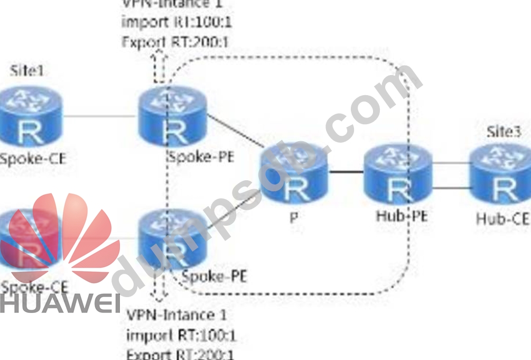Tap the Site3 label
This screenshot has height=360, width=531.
pyautogui.click(x=502, y=132)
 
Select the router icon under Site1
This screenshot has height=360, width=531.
pyautogui.click(x=31, y=117)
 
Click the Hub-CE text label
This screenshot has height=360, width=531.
pyautogui.click(x=501, y=218)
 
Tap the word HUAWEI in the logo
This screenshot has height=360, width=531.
pyautogui.click(x=59, y=304)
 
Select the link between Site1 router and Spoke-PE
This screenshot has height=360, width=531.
pyautogui.click(x=100, y=116)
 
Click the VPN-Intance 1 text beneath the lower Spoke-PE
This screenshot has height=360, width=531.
pyautogui.click(x=177, y=315)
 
